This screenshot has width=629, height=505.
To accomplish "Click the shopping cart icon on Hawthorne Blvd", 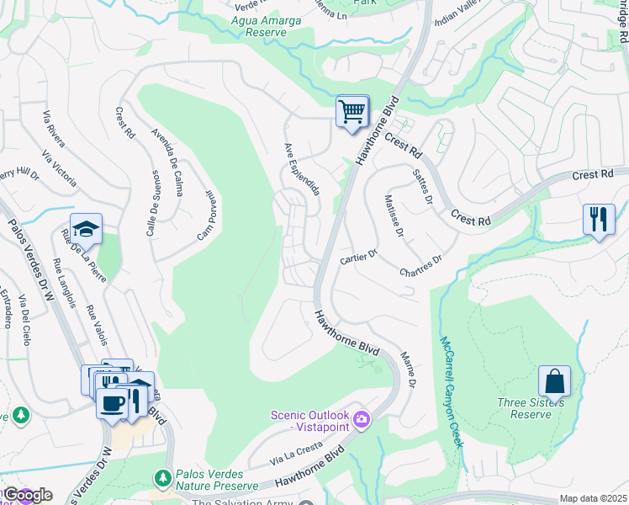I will (351, 112).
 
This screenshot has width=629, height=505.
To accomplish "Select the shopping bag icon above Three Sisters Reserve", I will (555, 382).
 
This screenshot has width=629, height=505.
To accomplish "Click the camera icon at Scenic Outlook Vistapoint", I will (362, 418).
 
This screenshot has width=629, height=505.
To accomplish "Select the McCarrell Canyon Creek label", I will (452, 391).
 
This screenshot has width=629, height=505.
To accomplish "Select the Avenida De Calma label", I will (167, 162).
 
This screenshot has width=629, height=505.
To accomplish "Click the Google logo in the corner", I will (27, 495).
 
